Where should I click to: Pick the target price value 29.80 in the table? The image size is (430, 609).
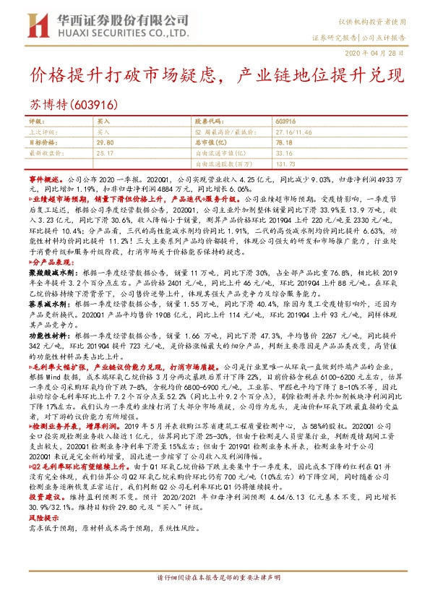(x=105, y=144)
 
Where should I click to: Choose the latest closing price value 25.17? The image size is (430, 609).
(x=105, y=153)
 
